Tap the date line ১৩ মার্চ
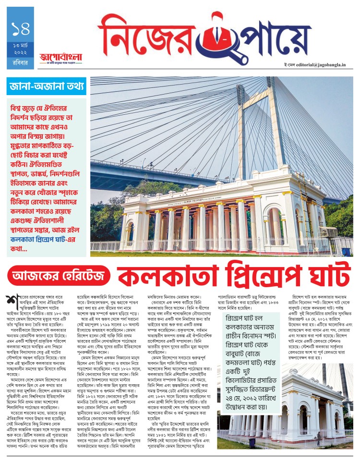(x=21, y=45)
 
